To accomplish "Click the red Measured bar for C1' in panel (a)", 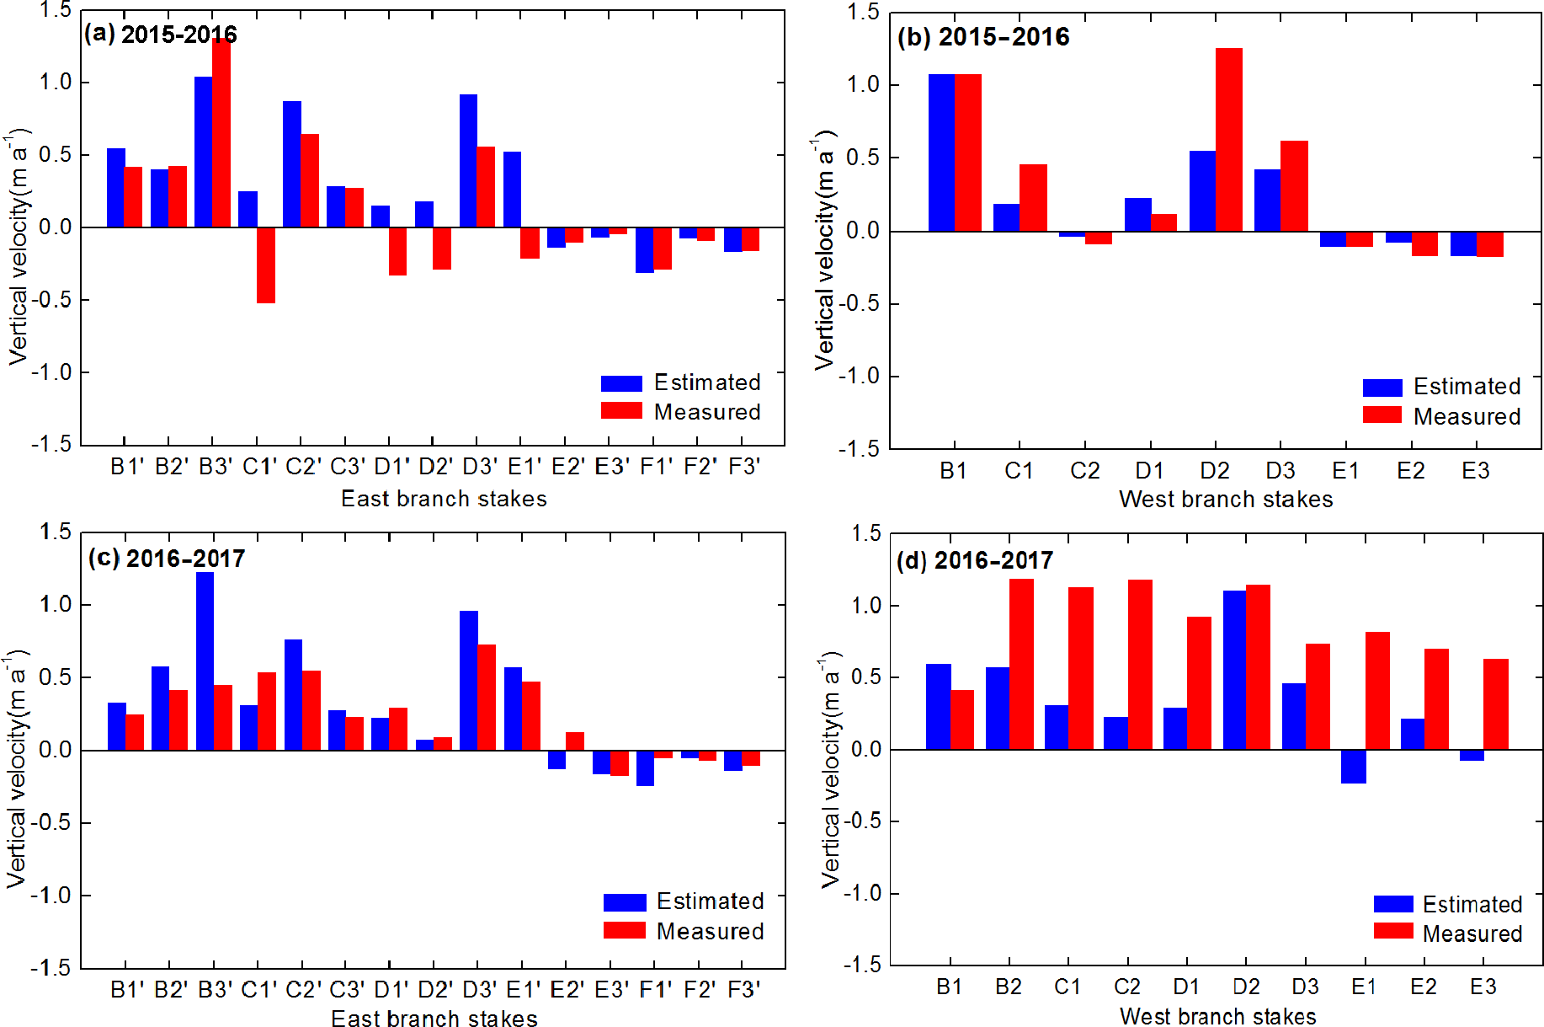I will pyautogui.click(x=266, y=265).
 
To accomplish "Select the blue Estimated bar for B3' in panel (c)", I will pyautogui.click(x=205, y=661).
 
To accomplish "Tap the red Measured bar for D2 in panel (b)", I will pyautogui.click(x=1229, y=140).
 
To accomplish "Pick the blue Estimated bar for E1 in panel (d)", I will pyautogui.click(x=1353, y=767).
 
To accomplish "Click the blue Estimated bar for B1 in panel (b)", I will pyautogui.click(x=941, y=152).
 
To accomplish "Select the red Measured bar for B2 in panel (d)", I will pyautogui.click(x=1021, y=664).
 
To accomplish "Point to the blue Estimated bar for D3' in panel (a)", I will pyautogui.click(x=468, y=161).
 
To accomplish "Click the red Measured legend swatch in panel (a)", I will pyautogui.click(x=621, y=411).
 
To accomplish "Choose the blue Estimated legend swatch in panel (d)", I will pyautogui.click(x=1393, y=904).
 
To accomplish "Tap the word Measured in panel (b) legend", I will pyautogui.click(x=1467, y=416).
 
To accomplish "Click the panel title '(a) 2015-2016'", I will pyautogui.click(x=160, y=35).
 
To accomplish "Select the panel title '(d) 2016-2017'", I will pyautogui.click(x=974, y=560).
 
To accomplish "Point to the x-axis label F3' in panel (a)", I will pyautogui.click(x=743, y=466).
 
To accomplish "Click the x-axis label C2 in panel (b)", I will pyautogui.click(x=1084, y=470).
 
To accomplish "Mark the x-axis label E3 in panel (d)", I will pyautogui.click(x=1483, y=987).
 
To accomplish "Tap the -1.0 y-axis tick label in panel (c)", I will pyautogui.click(x=51, y=895).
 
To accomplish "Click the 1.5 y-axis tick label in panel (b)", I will pyautogui.click(x=862, y=12).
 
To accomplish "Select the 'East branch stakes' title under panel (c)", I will pyautogui.click(x=434, y=1019).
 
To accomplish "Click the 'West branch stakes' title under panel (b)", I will pyautogui.click(x=1225, y=499).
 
